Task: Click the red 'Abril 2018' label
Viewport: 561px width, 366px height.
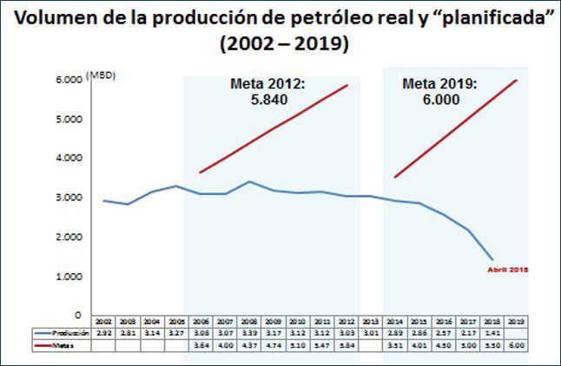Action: coord(506,270)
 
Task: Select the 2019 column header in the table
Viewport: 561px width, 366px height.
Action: coord(517,321)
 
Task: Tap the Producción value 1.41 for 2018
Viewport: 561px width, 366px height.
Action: coord(492,333)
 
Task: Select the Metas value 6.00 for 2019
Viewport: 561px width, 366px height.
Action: coord(517,345)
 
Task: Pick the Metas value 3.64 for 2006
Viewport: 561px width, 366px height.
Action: coord(200,345)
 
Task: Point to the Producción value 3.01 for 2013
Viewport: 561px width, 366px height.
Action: coord(370,333)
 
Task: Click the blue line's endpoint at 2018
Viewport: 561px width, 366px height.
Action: coord(492,259)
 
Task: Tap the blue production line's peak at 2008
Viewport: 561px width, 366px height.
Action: coord(250,182)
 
